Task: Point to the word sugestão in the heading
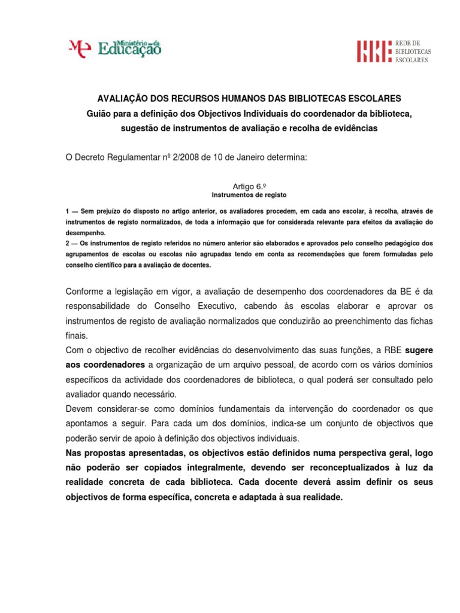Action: point(138,129)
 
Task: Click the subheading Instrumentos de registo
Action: point(249,195)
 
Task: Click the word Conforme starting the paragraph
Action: point(84,292)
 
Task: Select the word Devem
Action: point(79,408)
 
